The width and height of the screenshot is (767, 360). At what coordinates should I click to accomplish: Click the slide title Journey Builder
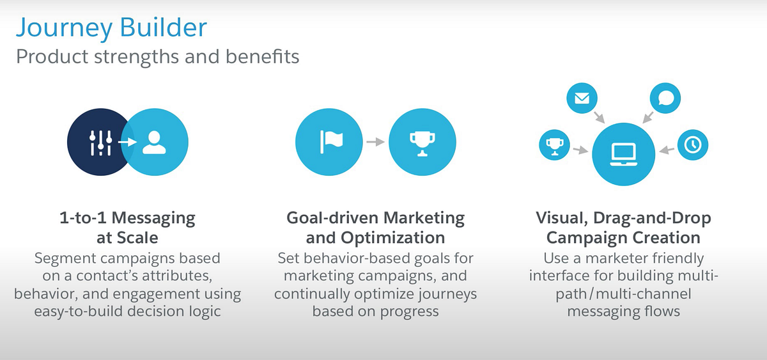coord(111,27)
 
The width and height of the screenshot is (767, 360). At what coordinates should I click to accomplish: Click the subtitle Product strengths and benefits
coord(157,56)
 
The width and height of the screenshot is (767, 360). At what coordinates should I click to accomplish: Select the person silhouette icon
coord(154,142)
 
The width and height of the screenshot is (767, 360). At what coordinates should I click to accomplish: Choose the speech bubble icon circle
coord(665,98)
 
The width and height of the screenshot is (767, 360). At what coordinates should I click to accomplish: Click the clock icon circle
coord(692,145)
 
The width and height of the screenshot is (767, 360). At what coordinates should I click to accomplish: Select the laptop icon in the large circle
coord(623,153)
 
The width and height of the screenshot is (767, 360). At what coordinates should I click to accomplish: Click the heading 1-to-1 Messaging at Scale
coord(127,228)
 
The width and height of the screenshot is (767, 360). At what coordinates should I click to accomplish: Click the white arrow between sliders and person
coord(127,142)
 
